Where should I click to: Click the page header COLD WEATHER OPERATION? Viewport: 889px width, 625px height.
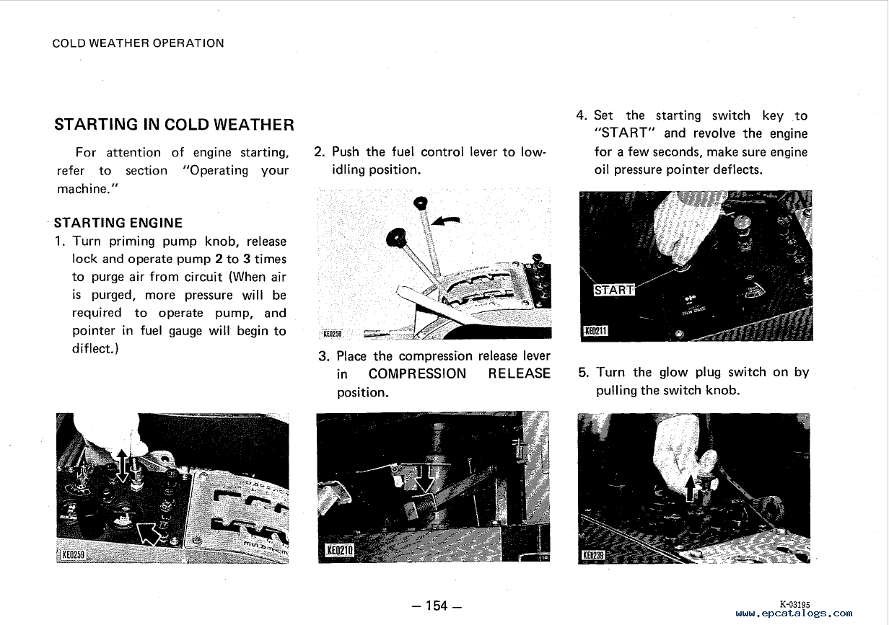point(139,43)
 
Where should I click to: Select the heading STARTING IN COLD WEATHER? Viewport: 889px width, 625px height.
point(174,125)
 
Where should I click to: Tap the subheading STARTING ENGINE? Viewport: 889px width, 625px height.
point(119,223)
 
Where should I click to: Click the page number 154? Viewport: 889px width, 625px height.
point(435,606)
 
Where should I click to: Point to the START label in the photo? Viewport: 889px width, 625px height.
point(613,291)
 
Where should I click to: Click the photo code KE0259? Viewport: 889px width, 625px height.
point(74,554)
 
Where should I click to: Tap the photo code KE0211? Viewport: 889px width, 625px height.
point(596,331)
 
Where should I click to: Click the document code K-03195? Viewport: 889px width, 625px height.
point(794,604)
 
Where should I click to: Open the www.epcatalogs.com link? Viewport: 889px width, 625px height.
point(794,613)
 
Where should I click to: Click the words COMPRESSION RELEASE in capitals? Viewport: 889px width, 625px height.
point(459,374)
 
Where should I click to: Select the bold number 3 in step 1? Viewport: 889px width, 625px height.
point(248,259)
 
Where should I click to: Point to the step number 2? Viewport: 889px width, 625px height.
point(319,152)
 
